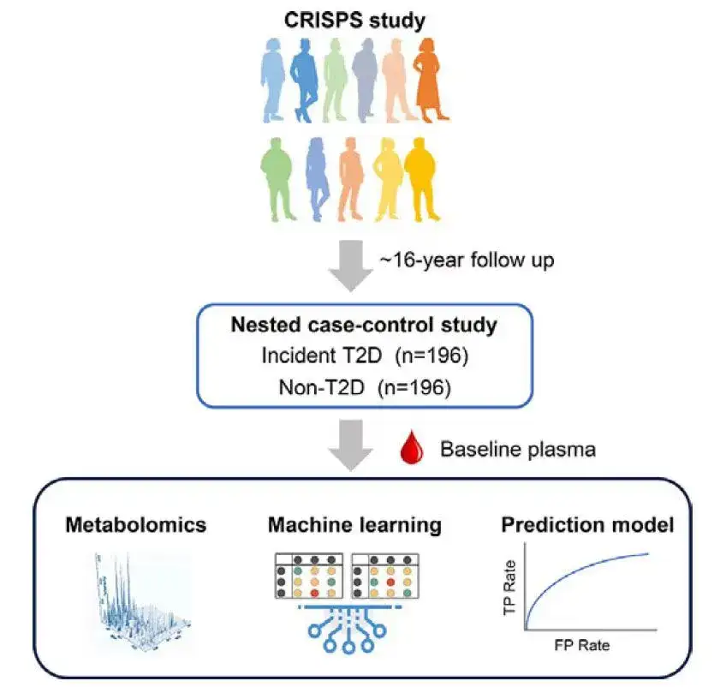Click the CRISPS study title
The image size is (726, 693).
pos(354,21)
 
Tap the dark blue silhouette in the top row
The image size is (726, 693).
pos(304,81)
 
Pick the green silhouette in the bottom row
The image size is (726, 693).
pos(277,179)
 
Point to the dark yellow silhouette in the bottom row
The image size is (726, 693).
pos(421,179)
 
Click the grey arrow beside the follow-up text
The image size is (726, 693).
pos(350,266)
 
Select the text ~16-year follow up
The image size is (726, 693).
pos(467,260)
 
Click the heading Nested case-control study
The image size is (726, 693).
pos(364,325)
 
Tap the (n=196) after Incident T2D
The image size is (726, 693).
pos(431,355)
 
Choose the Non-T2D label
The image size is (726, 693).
pos(322,387)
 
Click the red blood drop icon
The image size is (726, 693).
pos(412,446)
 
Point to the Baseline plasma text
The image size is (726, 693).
pos(518,450)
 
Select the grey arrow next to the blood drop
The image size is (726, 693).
pos(350,445)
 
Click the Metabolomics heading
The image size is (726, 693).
pos(135,525)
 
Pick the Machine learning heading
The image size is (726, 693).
pos(354,525)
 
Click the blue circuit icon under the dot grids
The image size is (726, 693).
pos(348,629)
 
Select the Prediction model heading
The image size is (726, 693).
pos(587,525)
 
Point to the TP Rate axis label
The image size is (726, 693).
pos(509,588)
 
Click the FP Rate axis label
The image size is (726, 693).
pos(582,645)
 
